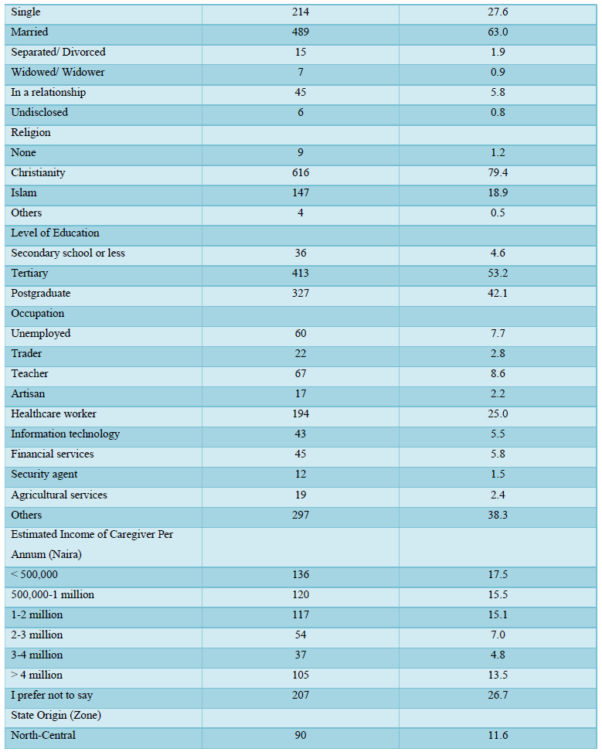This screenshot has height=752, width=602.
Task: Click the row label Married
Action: [x=29, y=32]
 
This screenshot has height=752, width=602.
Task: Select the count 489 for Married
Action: [x=301, y=32]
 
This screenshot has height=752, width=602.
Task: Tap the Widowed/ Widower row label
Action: [x=57, y=73]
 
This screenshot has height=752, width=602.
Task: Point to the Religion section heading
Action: [x=31, y=133]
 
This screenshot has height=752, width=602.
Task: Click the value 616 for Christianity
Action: [x=301, y=172]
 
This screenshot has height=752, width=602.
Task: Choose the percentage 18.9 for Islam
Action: [x=498, y=192]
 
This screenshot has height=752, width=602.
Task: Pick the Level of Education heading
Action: [x=55, y=233]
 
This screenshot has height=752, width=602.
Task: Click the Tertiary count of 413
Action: [x=301, y=274]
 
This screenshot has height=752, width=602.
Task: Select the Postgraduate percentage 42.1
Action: [x=498, y=294]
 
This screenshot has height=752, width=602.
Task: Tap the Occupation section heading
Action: [x=37, y=314]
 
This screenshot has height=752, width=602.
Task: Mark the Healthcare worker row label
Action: [x=54, y=414]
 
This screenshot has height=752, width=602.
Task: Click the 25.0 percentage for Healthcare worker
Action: [x=498, y=414]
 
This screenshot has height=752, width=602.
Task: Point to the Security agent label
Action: [x=44, y=475]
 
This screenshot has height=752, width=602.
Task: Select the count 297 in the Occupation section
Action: [x=301, y=515]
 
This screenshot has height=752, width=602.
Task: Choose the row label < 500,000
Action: [x=34, y=574]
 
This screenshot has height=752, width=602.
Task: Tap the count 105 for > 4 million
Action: [x=301, y=675]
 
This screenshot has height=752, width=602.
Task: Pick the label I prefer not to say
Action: [x=52, y=696]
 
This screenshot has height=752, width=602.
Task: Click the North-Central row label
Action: [x=43, y=735]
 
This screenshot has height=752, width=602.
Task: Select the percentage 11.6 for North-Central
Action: [x=498, y=735]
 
